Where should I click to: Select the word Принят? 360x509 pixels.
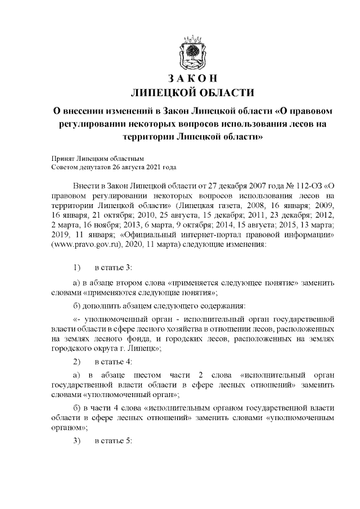[x=61, y=159]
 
